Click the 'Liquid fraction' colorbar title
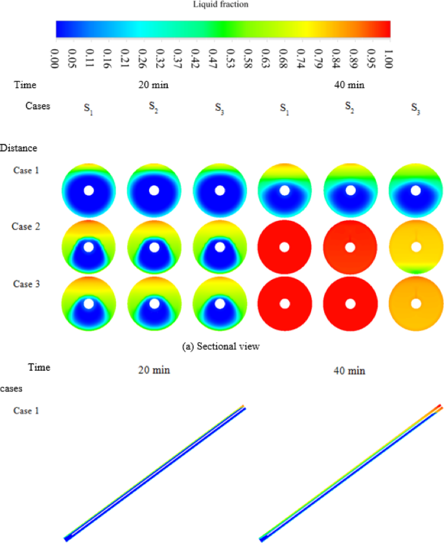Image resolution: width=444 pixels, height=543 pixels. point(222,5)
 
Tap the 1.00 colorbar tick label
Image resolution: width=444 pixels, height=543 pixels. point(388,56)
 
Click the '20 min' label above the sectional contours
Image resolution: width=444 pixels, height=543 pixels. point(154,84)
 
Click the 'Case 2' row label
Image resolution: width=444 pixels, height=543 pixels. point(26,226)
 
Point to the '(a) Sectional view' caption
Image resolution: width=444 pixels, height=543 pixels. point(222,347)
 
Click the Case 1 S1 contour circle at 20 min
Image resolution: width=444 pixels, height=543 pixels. point(89,190)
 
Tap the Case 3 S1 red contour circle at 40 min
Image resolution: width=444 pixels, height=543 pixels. point(285,304)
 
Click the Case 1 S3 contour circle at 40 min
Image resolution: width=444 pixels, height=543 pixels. point(416,190)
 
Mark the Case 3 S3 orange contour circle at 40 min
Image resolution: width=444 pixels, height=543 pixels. point(416,304)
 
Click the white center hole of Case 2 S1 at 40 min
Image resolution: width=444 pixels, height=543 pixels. point(285,248)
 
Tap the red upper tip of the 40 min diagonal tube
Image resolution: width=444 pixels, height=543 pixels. point(439,407)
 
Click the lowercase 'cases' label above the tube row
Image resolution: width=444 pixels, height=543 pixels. point(12,388)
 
